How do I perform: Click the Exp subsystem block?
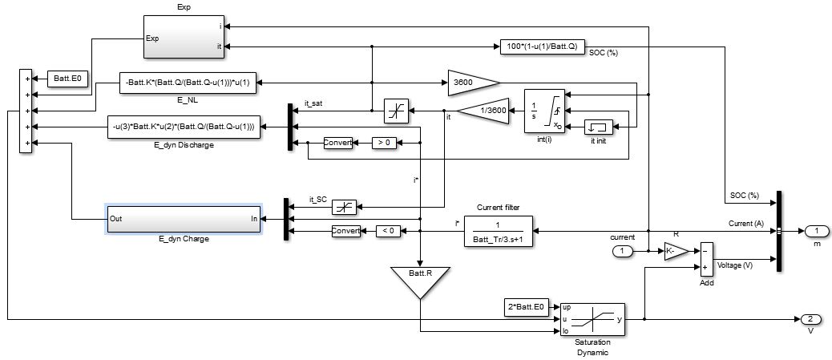pos(183,37)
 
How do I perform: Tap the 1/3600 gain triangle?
pos(483,111)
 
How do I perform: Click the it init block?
pos(597,126)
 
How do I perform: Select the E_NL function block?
pos(191,81)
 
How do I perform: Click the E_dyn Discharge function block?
pos(185,126)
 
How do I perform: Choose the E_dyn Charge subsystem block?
pos(184,218)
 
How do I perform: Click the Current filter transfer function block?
pos(499,231)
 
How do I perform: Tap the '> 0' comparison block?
pos(386,143)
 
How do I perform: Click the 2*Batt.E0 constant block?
pos(527,307)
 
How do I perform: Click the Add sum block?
pos(706,260)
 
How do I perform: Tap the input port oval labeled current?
pos(621,252)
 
